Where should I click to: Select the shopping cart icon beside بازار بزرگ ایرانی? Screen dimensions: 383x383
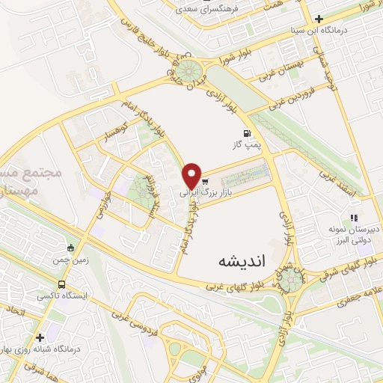coord(204,182)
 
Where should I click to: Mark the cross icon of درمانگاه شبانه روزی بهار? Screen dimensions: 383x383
coord(40,337)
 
